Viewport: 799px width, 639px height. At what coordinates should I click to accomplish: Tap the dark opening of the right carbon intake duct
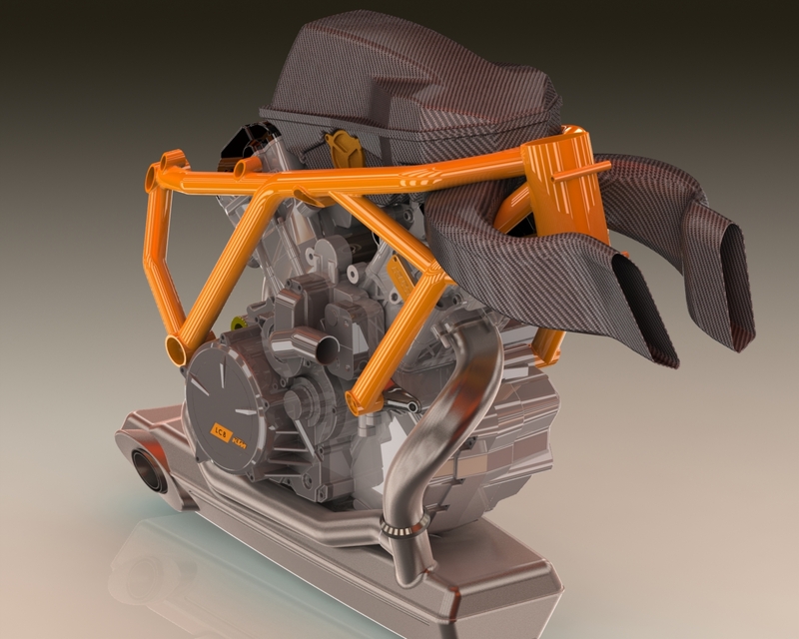(737, 291)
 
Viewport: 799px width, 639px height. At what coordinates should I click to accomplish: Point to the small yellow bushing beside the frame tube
(239, 322)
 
